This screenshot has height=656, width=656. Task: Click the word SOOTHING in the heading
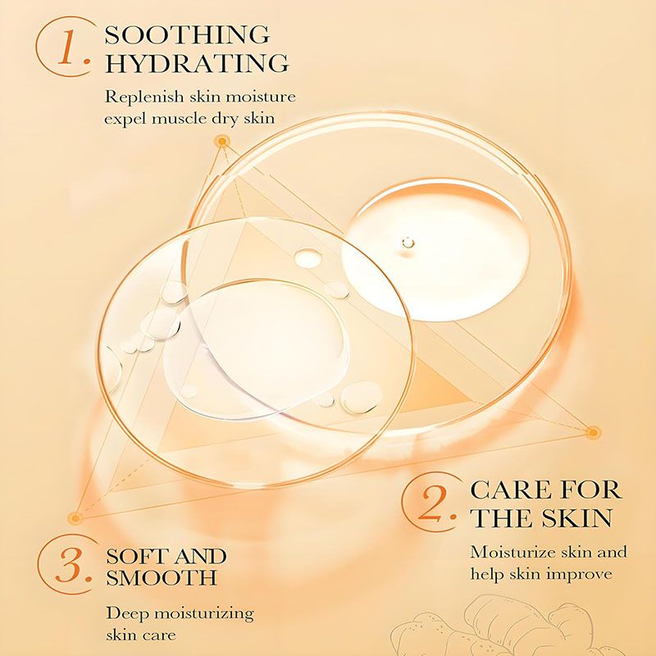pyautogui.click(x=187, y=35)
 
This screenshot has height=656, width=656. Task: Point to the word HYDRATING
pyautogui.click(x=197, y=62)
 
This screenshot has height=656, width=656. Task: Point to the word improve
pyautogui.click(x=581, y=573)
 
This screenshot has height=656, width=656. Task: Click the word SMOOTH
pyautogui.click(x=162, y=577)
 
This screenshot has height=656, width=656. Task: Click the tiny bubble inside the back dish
pyautogui.click(x=408, y=242)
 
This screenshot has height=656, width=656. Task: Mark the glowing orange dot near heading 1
pyautogui.click(x=221, y=143)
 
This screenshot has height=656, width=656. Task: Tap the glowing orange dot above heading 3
pyautogui.click(x=75, y=517)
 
